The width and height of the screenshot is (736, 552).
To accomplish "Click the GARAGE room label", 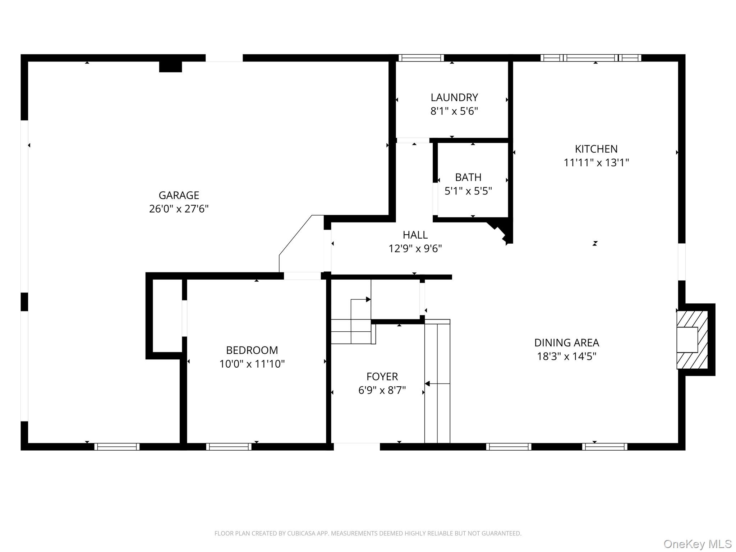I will point(179,195).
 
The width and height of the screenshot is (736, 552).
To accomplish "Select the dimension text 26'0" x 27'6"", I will point(179,209).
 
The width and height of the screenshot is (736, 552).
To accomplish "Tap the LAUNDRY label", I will point(454,97).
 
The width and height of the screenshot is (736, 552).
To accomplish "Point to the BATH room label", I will point(468,177).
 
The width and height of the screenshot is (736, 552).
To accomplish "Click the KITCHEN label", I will point(596,149).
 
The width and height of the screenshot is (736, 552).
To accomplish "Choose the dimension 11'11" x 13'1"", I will point(596,162).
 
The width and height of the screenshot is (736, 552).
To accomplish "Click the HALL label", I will point(415,235).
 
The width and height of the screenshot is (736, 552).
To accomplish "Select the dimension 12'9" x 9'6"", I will point(415,248).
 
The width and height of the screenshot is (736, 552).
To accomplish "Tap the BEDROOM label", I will point(252,350).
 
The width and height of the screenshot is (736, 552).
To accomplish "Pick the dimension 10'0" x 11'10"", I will point(252,364).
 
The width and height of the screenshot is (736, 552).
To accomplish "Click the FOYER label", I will point(382,376).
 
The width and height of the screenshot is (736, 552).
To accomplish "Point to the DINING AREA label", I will point(566,342).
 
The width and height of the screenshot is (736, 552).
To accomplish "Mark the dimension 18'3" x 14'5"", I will point(566,356).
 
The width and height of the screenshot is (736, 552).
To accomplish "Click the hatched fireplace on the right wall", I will point(692,340).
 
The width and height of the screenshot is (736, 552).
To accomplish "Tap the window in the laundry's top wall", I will point(421,58).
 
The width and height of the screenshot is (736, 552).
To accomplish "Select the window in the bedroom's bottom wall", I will point(229,447).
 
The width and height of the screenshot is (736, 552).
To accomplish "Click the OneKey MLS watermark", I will point(697,544).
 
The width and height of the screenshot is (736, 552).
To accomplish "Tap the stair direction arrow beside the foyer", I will point(428,384).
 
